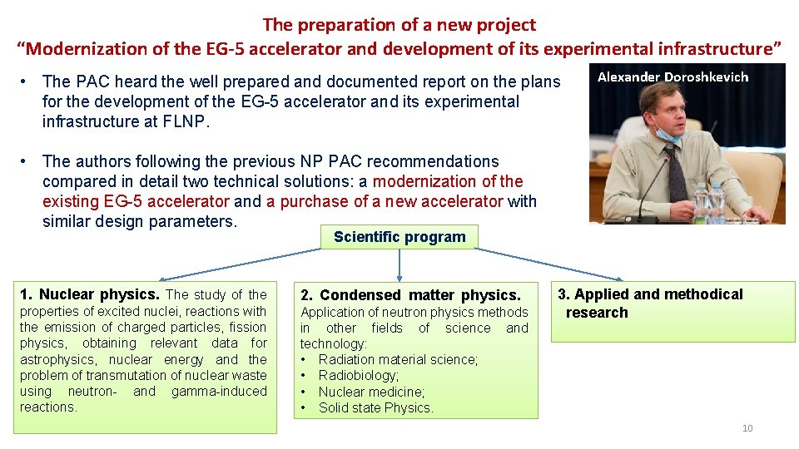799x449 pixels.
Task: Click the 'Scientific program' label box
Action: [399, 237]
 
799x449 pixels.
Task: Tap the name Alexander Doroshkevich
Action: [672, 77]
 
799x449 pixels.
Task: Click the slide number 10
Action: [747, 428]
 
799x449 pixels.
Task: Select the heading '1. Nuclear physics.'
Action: [90, 294]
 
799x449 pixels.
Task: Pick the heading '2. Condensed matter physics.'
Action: [410, 295]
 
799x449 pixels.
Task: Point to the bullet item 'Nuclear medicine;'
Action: [371, 392]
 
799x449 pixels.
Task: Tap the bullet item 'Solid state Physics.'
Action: [376, 407]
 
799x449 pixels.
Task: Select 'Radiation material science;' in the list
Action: [398, 360]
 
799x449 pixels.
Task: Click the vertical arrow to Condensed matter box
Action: [399, 266]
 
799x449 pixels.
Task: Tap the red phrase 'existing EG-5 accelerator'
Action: [136, 201]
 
